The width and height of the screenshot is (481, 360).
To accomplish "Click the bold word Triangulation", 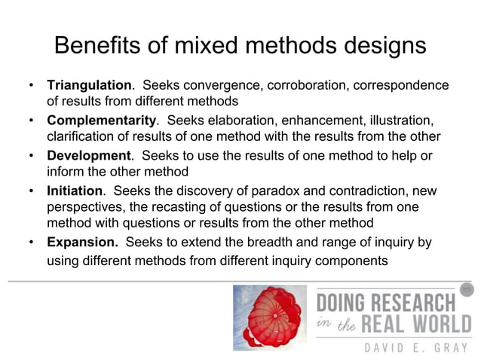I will coord(90,84).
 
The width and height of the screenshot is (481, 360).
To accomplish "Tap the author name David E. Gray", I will coord(396,347).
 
